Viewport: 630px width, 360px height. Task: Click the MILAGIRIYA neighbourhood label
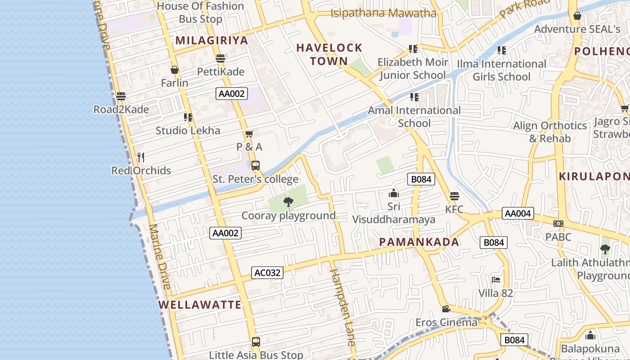(x=211, y=40)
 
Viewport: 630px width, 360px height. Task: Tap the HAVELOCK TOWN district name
(x=329, y=54)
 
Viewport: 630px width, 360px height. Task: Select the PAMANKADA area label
(x=419, y=242)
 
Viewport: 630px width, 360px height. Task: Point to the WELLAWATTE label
(x=200, y=305)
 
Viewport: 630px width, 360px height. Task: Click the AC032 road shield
(x=267, y=273)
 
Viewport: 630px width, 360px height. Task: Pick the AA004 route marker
(x=517, y=213)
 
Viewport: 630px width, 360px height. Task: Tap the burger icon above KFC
(x=454, y=196)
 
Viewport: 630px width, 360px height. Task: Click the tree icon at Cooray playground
(x=288, y=202)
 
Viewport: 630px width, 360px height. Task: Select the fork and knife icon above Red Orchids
(x=141, y=157)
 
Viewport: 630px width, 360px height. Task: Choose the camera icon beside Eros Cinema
(x=446, y=309)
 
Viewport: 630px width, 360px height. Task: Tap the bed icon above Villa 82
(x=496, y=279)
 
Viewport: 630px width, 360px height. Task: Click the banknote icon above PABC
(x=558, y=224)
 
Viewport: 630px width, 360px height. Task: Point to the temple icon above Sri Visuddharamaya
(x=394, y=193)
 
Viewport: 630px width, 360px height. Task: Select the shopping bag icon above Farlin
(x=175, y=70)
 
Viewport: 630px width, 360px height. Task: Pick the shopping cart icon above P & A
(x=249, y=134)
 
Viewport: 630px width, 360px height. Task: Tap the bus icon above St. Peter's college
(x=256, y=166)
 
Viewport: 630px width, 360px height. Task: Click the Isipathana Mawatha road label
(x=383, y=13)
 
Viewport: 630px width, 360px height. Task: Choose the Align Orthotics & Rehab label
(x=550, y=132)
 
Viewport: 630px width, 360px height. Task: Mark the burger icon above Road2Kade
(x=121, y=96)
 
